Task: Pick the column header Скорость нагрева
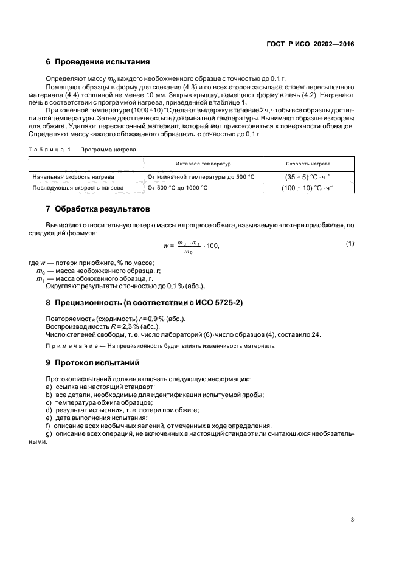(308, 164)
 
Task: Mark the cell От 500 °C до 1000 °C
(178, 188)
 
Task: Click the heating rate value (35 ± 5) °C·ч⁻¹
(308, 177)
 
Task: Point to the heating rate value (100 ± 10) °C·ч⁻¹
(308, 188)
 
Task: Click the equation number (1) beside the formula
(350, 244)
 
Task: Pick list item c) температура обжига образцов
(103, 402)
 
